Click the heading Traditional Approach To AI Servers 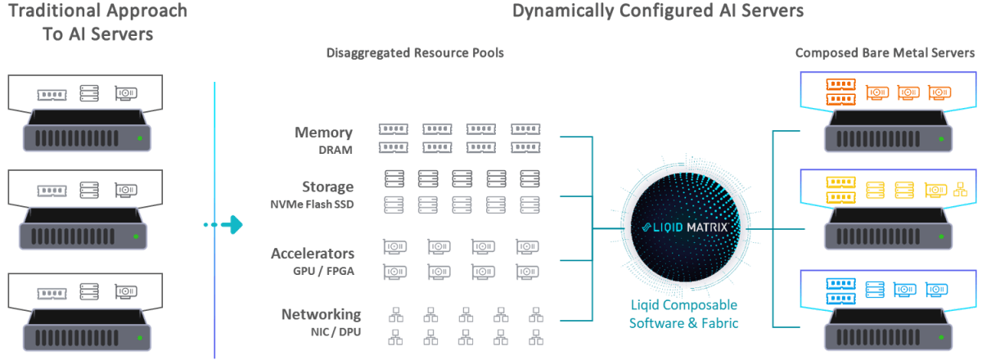(97, 23)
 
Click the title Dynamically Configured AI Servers (658, 11)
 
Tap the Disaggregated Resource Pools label (415, 53)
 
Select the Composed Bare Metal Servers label (885, 53)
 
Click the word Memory (324, 133)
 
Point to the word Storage (327, 187)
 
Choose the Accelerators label (313, 253)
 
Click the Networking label (321, 314)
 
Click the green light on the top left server (140, 137)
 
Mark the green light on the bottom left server (140, 336)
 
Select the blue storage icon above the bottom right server (876, 290)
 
